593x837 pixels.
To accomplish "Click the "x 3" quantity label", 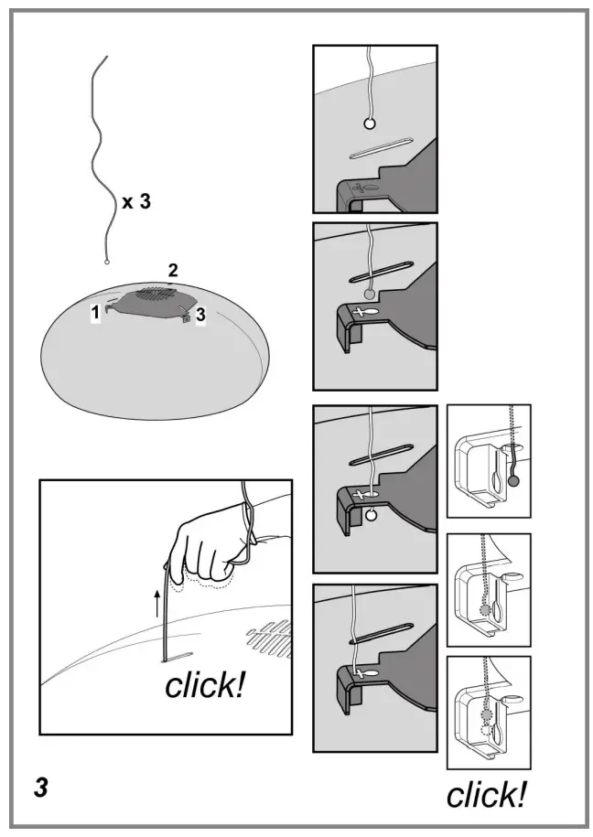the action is [136, 202].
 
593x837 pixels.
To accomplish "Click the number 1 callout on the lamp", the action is [95, 312].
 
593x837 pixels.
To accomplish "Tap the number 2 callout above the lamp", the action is [173, 270].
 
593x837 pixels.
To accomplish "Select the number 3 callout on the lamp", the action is [200, 315].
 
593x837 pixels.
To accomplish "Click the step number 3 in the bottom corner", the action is [41, 788].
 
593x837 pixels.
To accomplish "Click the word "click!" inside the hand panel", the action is [205, 685].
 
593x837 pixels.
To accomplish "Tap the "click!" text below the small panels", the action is [486, 795].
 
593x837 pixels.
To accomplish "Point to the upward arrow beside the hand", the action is [157, 603].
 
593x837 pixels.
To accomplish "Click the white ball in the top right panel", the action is [369, 124].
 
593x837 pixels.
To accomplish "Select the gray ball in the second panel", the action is [369, 294].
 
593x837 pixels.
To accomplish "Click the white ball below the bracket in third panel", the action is [372, 515].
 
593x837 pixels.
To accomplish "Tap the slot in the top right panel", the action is [382, 148].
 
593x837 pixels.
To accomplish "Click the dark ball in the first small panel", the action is [513, 481].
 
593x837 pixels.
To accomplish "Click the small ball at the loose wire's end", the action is [106, 262].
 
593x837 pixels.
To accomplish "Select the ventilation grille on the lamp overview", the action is [157, 294].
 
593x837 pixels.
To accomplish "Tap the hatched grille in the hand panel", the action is [270, 637].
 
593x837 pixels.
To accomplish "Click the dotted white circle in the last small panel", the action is [486, 729].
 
